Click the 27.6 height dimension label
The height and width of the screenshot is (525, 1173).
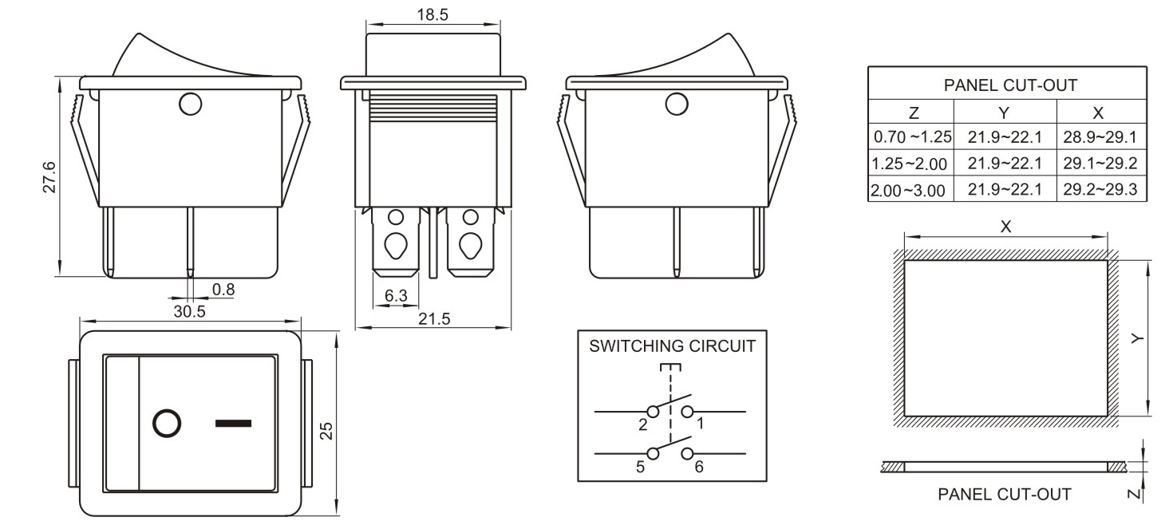coord(49,177)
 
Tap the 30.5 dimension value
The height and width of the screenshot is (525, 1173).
coord(189,312)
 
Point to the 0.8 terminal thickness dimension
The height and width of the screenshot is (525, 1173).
coord(224,289)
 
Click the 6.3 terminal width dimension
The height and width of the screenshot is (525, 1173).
coord(396,296)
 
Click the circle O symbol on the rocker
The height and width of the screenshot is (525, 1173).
coord(165,424)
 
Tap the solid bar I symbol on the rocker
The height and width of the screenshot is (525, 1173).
coord(233,422)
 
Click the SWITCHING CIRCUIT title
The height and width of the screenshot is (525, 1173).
coord(671,347)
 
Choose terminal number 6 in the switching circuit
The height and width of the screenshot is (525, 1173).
coord(698,467)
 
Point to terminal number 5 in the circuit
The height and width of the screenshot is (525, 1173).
coord(640,467)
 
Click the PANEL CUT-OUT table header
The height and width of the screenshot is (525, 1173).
coord(1005,85)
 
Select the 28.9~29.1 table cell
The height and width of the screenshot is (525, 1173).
coord(1100,137)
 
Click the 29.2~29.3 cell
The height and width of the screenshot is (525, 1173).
coord(1100,191)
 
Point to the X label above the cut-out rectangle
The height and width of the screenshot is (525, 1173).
coord(1005,227)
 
